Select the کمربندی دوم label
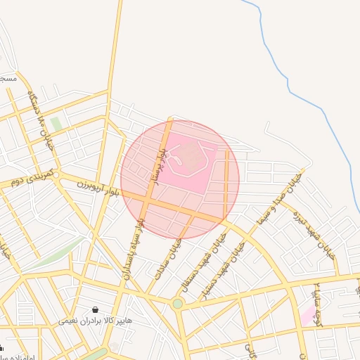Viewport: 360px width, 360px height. pyautogui.click(x=27, y=181)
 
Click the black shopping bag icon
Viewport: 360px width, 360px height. pyautogui.click(x=95, y=309)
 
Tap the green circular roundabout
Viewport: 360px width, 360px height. pyautogui.click(x=177, y=304)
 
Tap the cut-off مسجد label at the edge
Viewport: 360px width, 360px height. pyautogui.click(x=7, y=79)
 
